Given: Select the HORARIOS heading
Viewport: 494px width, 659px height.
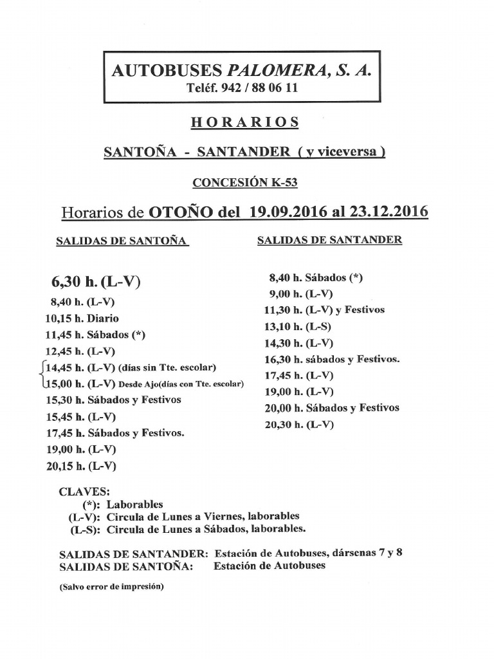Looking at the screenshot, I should (245, 122).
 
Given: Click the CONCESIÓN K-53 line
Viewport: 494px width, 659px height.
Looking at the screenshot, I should (245, 183).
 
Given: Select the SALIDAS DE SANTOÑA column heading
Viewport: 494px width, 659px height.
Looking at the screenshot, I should (122, 241).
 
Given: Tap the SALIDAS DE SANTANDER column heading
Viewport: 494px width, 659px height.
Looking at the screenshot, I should (330, 240).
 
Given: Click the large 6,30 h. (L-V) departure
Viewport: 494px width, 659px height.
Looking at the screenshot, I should (95, 282).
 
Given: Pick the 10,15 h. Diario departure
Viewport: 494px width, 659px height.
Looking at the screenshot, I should (82, 318).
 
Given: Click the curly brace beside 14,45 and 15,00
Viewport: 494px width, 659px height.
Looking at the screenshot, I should (42, 376).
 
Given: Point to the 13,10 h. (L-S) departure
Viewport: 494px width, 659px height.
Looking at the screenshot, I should (298, 326).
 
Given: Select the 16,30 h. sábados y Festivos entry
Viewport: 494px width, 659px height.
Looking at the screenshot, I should (332, 359).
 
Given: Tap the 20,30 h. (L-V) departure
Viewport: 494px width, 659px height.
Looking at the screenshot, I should (299, 425).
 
